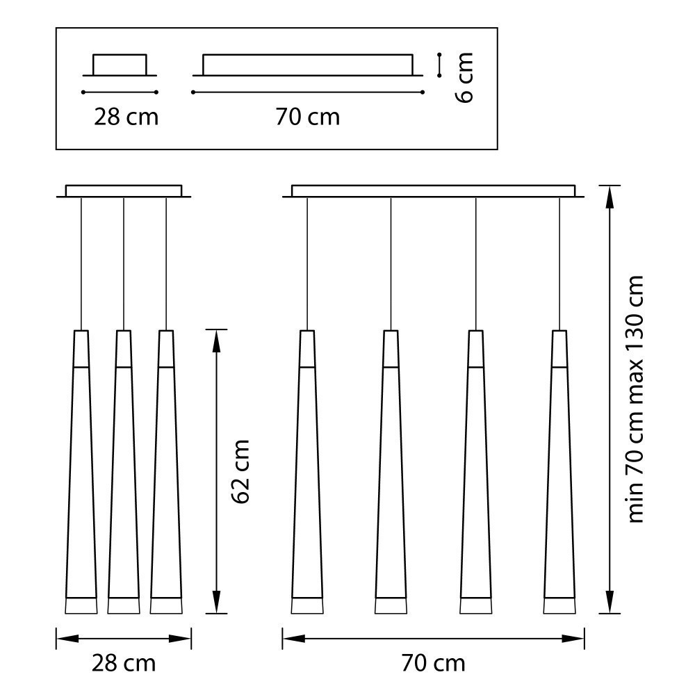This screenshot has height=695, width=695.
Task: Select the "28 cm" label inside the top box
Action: tap(126, 116)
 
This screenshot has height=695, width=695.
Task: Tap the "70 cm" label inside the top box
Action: tap(307, 116)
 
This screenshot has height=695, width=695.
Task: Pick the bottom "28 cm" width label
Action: tap(124, 663)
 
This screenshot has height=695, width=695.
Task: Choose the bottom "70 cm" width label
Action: tap(432, 663)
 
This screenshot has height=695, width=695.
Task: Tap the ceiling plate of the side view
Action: tap(124, 191)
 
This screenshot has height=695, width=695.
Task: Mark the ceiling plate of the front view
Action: tap(433, 191)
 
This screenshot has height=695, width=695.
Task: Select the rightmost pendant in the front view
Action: tap(559, 473)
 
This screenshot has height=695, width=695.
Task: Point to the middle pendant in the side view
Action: tap(124, 473)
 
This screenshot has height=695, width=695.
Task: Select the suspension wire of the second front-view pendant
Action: tap(391, 264)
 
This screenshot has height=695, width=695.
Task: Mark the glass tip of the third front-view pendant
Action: tap(475, 606)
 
